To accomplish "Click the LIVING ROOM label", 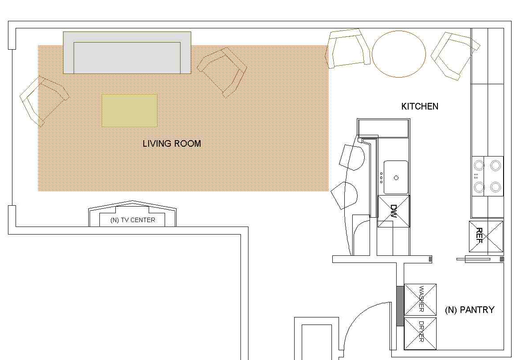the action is pos(172,144).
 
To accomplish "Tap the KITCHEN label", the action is pos(420,106).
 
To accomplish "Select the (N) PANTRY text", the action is pos(469,310).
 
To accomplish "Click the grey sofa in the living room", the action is pos(127,53).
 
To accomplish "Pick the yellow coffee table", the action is pos(129,110).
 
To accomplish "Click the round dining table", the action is pos(399,54).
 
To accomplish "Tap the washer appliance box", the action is pos(420,300).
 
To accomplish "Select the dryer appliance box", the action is pos(420,333).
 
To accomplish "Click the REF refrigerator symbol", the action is pos(486,237).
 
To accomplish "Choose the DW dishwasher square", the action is pos(394,211).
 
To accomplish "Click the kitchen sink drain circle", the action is pos(396,178).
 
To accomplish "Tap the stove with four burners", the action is pos(488,176).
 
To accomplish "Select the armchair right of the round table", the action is pos(455,55).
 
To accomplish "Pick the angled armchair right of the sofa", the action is pos(222,72).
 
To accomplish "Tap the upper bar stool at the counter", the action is pos(351,157).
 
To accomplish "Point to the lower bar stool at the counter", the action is pos(344,195).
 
